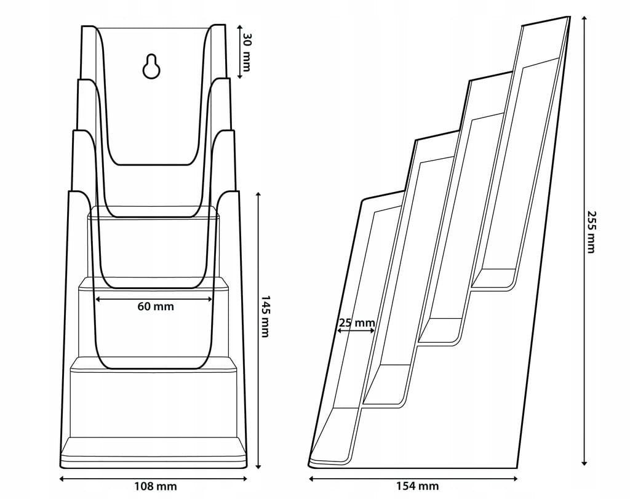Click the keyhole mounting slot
click(152, 67)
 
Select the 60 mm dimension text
click(156, 306)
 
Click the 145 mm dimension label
click(265, 316)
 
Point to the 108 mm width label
click(156, 486)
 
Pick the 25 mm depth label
click(356, 322)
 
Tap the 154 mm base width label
click(418, 486)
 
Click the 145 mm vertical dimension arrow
click(258, 329)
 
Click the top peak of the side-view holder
click(567, 18)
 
